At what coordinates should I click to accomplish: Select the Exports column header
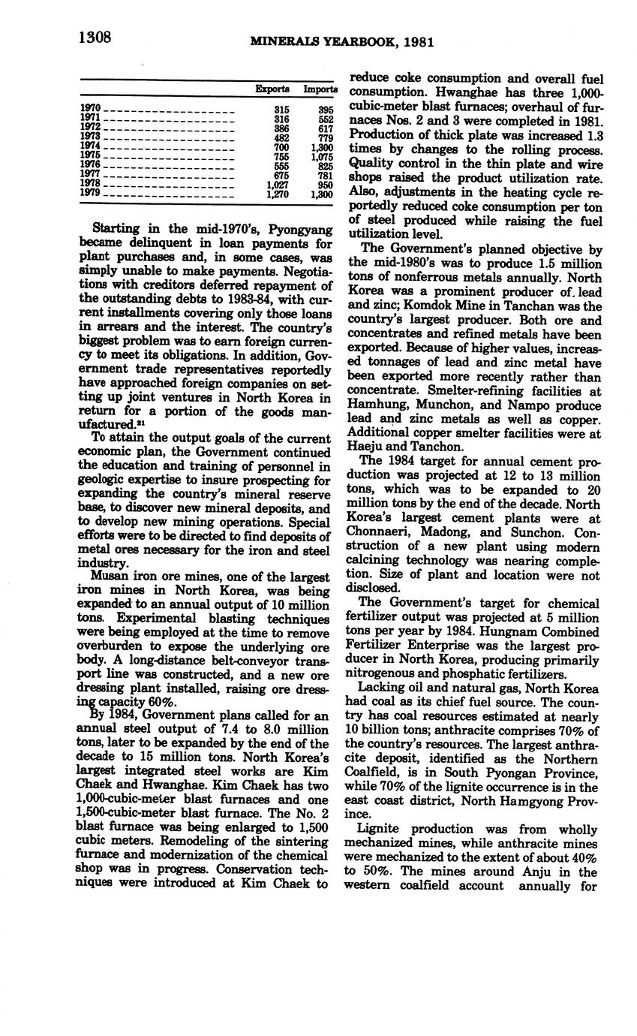[x=272, y=89]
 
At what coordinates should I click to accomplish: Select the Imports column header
[x=320, y=89]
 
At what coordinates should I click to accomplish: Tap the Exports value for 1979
[x=278, y=194]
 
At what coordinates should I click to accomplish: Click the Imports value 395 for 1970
[x=324, y=109]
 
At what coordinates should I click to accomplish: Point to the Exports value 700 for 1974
[x=281, y=147]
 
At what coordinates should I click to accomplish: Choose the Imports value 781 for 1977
[x=324, y=176]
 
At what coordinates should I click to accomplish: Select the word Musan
[x=108, y=577]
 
